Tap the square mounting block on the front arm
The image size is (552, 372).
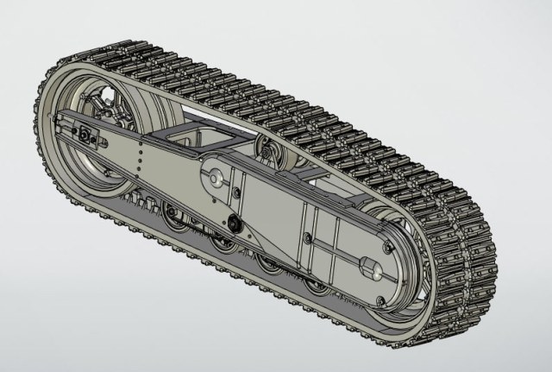tap(86, 135)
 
